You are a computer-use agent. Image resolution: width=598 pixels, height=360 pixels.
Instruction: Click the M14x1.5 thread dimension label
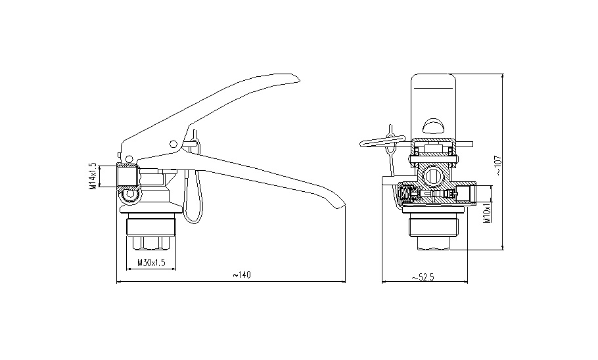(x=93, y=176)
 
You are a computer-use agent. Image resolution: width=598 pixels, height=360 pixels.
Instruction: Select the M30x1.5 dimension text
(x=151, y=263)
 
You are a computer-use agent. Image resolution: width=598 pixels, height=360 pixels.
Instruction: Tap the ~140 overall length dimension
(x=242, y=275)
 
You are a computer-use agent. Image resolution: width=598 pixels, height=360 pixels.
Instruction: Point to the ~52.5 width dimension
(x=423, y=277)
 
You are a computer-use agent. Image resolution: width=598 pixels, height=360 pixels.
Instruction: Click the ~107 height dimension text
(x=499, y=165)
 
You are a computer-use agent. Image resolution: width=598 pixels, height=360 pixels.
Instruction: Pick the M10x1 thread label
(x=486, y=214)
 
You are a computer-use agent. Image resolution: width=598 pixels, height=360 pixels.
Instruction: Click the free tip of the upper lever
(x=300, y=80)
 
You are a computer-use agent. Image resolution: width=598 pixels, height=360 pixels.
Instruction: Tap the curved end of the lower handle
(x=340, y=205)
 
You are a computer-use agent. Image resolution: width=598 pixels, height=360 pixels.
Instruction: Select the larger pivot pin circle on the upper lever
(x=173, y=144)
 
